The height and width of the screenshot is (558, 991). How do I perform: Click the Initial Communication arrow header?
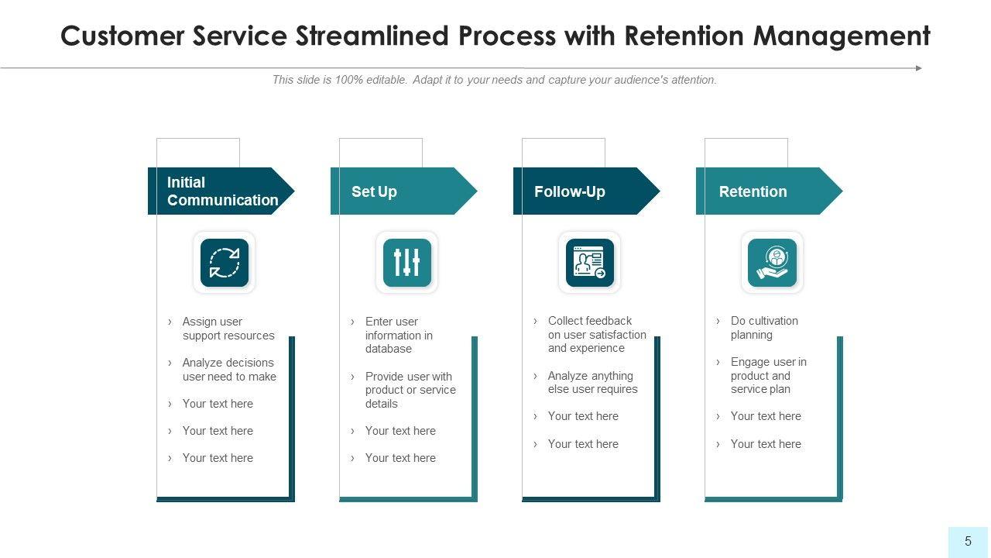pyautogui.click(x=221, y=191)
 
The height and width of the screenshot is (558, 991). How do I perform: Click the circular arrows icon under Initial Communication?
pyautogui.click(x=225, y=263)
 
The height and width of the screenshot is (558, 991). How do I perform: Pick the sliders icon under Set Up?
pyautogui.click(x=407, y=263)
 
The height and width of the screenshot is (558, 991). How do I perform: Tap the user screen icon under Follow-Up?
pyautogui.click(x=590, y=263)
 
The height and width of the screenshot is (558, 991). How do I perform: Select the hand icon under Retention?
pyautogui.click(x=772, y=263)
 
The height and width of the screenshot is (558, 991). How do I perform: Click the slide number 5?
pyautogui.click(x=968, y=542)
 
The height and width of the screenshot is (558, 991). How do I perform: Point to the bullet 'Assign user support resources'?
pyautogui.click(x=228, y=329)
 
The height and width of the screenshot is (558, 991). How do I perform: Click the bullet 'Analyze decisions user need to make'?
pyautogui.click(x=229, y=370)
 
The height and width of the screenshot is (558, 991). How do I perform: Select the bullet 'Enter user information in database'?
pyautogui.click(x=399, y=335)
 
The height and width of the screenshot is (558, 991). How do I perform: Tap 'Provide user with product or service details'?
pyautogui.click(x=410, y=390)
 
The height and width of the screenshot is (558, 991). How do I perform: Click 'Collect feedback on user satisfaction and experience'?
pyautogui.click(x=596, y=334)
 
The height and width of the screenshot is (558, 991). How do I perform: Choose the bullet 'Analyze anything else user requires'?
pyautogui.click(x=592, y=382)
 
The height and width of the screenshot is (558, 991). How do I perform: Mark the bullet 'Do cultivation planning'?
pyautogui.click(x=763, y=328)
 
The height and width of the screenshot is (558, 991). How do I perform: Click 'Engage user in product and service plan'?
pyautogui.click(x=768, y=375)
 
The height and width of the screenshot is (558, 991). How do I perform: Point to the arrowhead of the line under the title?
pyautogui.click(x=919, y=68)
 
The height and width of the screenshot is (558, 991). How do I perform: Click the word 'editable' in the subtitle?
pyautogui.click(x=384, y=80)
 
